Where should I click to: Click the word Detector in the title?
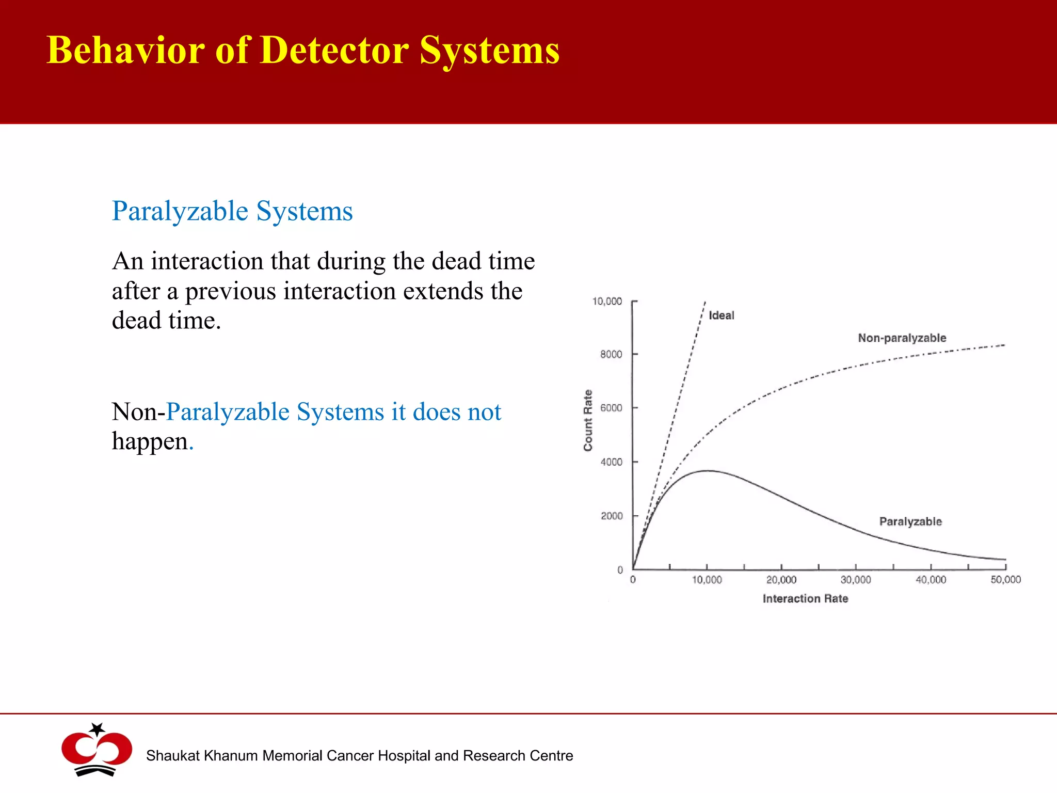point(334,51)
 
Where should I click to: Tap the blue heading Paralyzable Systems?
point(232,211)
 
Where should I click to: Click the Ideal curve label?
point(721,315)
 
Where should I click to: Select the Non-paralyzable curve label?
point(902,338)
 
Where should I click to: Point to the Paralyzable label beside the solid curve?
point(910,521)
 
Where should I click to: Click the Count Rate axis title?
point(588,420)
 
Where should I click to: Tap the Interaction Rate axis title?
point(805,598)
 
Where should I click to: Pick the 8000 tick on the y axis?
point(611,355)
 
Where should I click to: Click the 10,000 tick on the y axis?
point(607,302)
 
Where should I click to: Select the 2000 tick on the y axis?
point(612,516)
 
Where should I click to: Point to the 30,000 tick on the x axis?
point(856,580)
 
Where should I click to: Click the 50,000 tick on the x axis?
point(1005,580)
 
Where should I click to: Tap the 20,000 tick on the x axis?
point(781,580)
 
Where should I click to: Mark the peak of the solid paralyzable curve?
point(709,470)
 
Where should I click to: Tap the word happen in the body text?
point(150,442)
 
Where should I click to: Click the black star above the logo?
point(97,729)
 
